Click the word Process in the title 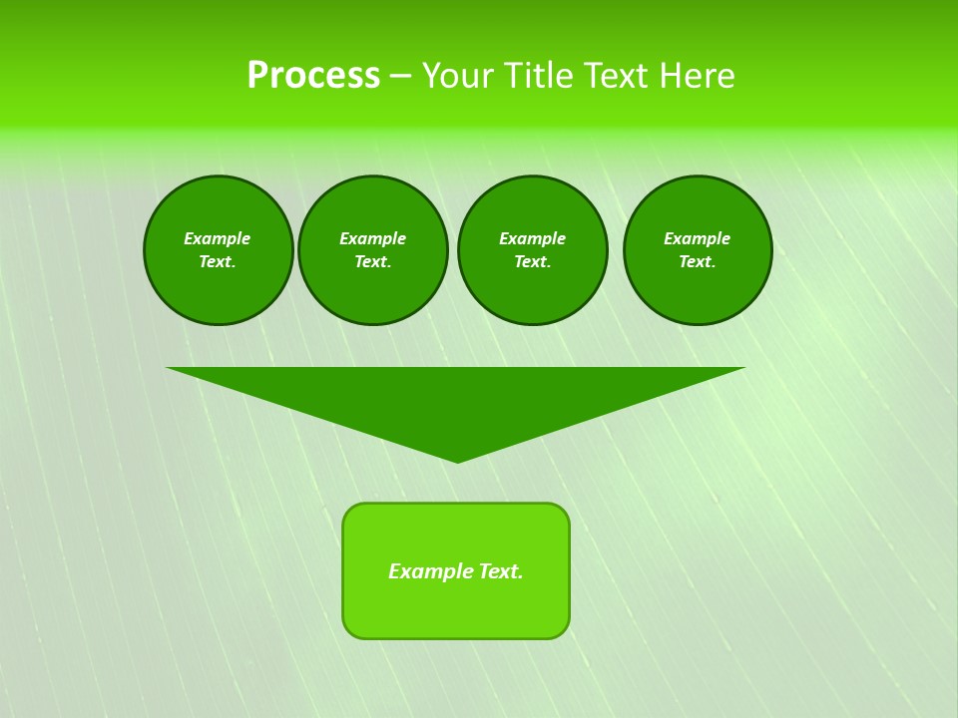313,76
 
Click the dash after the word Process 400,77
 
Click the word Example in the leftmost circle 218,238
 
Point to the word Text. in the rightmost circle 698,262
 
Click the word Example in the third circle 533,238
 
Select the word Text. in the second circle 373,262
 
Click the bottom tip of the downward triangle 457,460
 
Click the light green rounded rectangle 456,608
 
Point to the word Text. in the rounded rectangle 501,571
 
